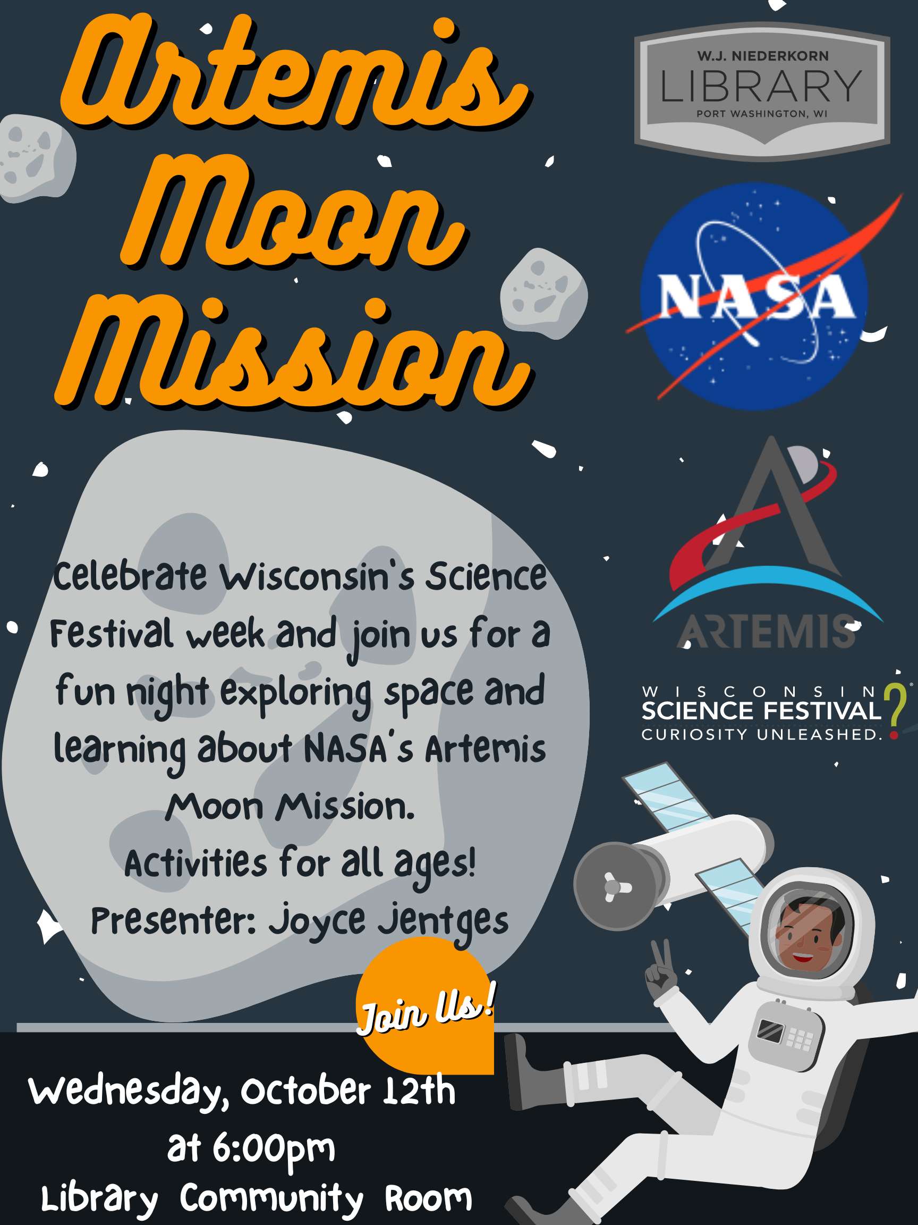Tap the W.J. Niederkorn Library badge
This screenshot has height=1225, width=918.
click(x=762, y=91)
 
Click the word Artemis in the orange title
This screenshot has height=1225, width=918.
click(x=293, y=72)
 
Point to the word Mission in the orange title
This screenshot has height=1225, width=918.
click(x=293, y=355)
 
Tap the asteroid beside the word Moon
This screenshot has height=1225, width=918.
click(x=543, y=293)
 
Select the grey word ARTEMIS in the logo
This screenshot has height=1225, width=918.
click(x=767, y=631)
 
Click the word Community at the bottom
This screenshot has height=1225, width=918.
click(x=271, y=1199)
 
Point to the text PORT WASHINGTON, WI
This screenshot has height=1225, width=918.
click(x=762, y=114)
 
